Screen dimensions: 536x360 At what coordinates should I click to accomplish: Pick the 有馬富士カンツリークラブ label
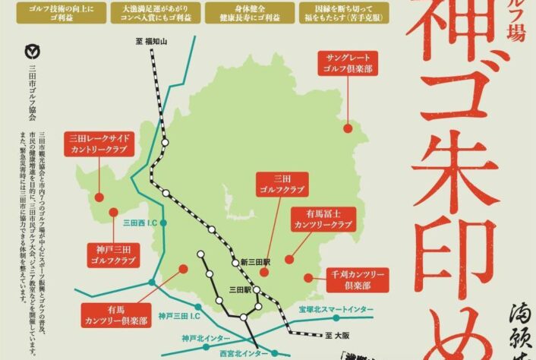tap(323, 220)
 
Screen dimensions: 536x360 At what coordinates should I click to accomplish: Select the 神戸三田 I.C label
tap(179, 315)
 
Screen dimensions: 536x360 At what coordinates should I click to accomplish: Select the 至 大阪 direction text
tap(335, 333)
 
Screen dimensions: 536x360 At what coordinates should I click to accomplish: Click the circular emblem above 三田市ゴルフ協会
tap(30, 52)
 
